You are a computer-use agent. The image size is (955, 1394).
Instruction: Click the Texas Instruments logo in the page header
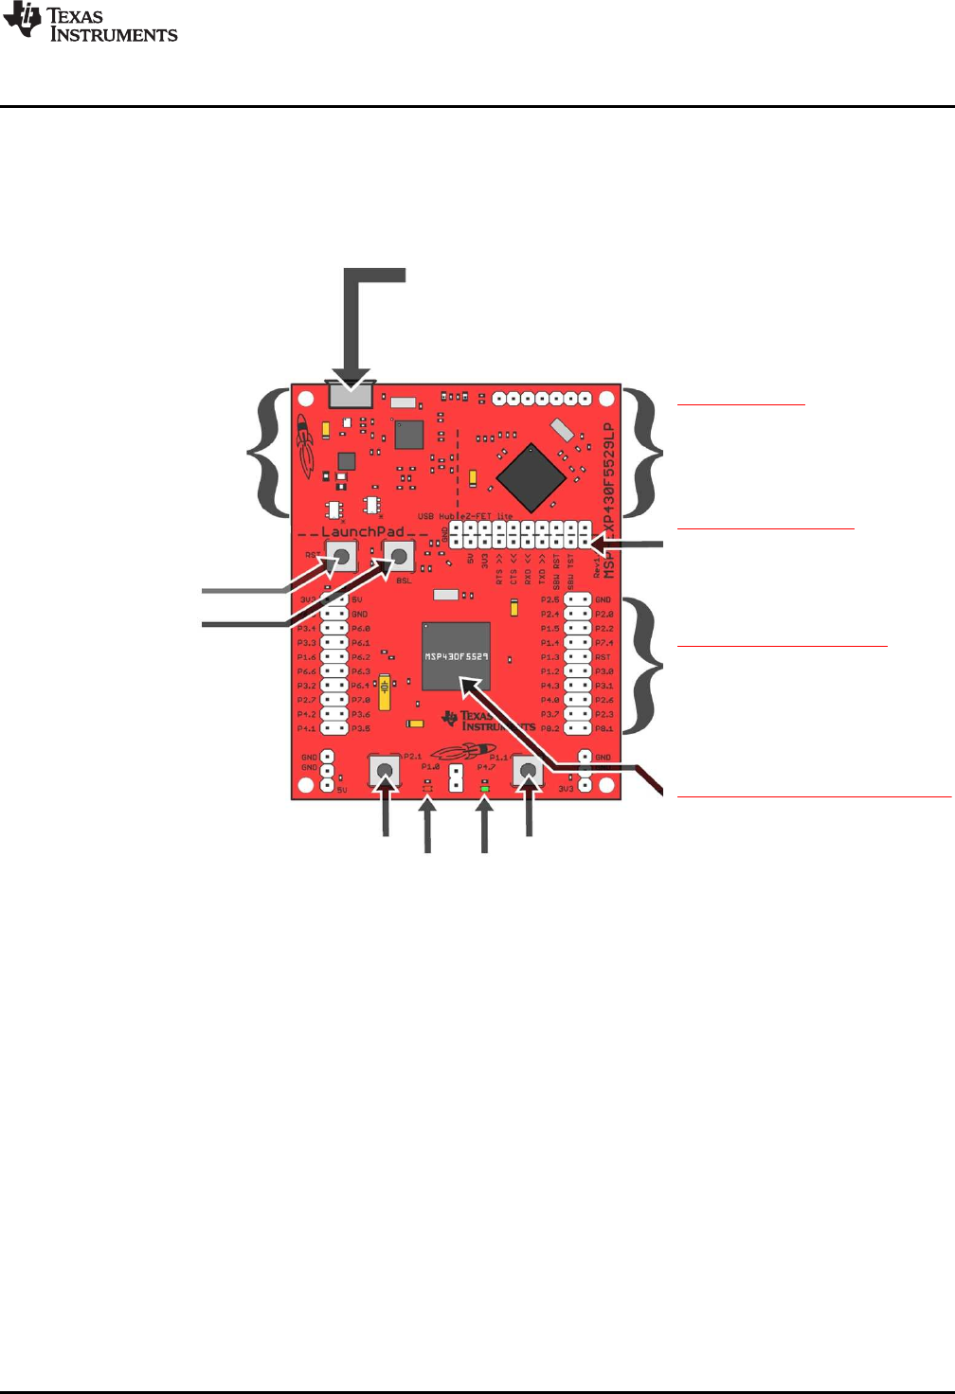point(90,23)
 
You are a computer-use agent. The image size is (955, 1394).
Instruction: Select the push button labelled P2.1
point(384,773)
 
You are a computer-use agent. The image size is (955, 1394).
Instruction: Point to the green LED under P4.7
point(485,788)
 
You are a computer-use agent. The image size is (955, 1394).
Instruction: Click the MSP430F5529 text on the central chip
point(456,656)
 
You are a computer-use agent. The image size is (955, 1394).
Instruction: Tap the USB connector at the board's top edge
point(350,395)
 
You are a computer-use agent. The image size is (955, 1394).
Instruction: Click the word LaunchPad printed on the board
point(363,532)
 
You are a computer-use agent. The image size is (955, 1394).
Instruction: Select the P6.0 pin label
point(361,629)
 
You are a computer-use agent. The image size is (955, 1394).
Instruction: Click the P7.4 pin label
point(604,643)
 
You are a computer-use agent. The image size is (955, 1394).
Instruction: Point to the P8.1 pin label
point(604,729)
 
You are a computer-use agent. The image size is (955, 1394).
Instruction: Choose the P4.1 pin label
point(306,729)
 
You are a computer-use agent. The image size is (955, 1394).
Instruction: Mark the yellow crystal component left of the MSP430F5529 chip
point(384,692)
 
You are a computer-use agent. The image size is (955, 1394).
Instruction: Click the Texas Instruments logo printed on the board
point(488,722)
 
